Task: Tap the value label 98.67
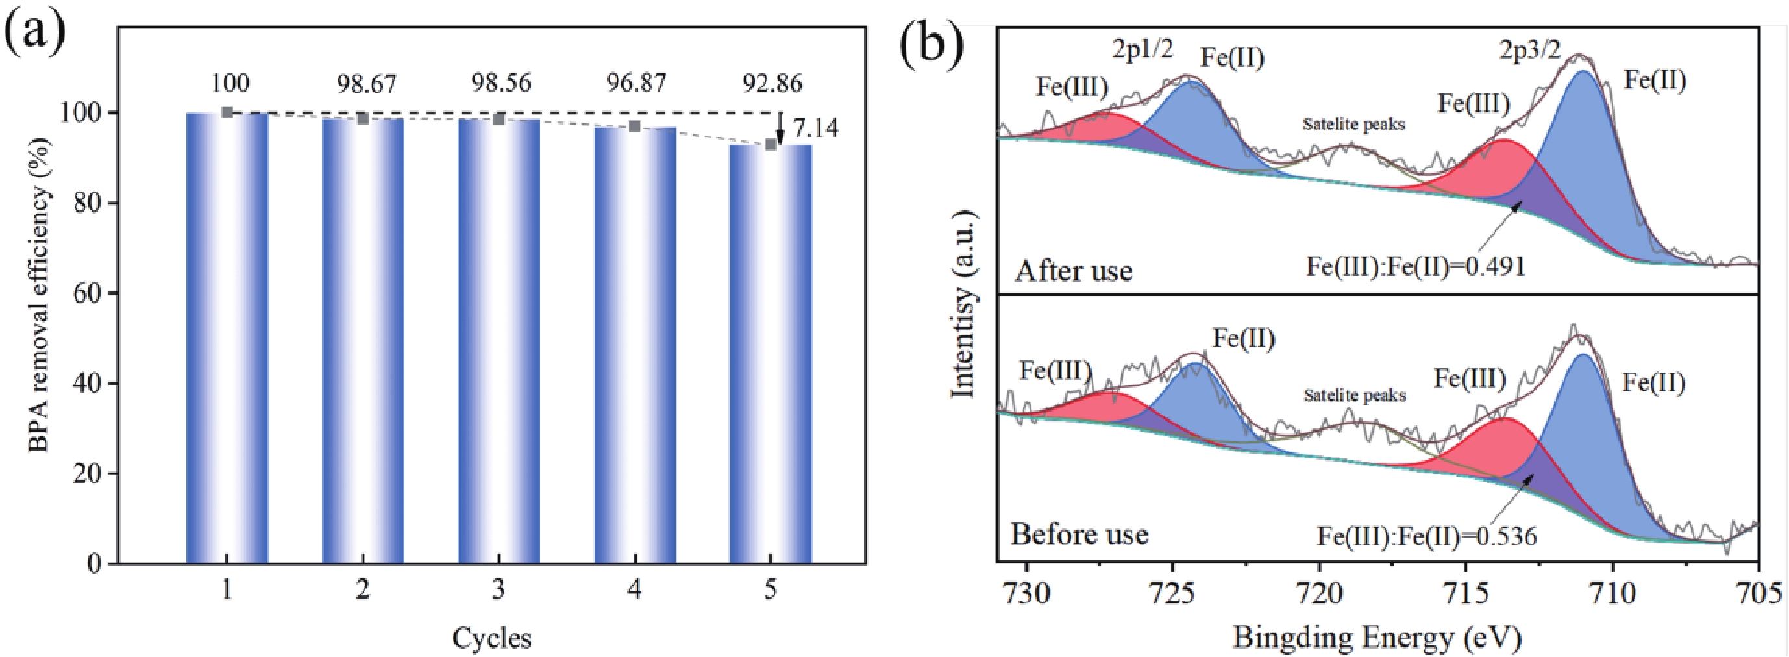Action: click(x=367, y=84)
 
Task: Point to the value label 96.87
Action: click(x=637, y=84)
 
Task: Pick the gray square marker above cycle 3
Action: click(x=499, y=119)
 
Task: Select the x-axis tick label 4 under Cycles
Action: click(x=634, y=590)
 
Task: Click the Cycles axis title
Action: click(x=493, y=638)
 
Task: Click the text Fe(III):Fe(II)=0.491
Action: click(x=1415, y=266)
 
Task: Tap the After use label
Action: click(x=1074, y=271)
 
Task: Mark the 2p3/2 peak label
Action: click(x=1529, y=50)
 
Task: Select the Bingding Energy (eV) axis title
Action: click(x=1377, y=637)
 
